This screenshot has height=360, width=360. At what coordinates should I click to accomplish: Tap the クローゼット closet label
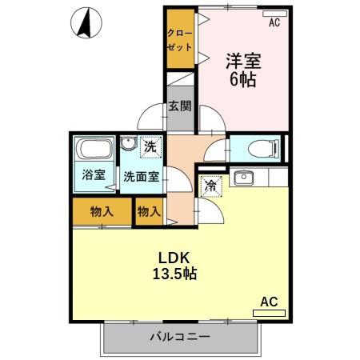tap(180, 38)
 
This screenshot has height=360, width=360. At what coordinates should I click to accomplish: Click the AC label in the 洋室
tap(274, 23)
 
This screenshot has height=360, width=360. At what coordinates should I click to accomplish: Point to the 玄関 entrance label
tap(180, 106)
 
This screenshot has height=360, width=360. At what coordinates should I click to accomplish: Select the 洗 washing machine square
tap(150, 147)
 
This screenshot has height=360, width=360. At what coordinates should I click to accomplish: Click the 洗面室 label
tap(140, 176)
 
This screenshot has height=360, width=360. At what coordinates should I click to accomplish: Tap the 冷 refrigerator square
tap(210, 184)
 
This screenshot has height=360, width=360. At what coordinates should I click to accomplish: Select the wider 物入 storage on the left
tap(101, 212)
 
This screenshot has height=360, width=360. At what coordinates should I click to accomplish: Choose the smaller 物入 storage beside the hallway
tap(148, 212)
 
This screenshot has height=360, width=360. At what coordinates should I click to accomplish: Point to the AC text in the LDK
tap(268, 302)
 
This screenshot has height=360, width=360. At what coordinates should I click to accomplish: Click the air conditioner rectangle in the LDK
tap(268, 314)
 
